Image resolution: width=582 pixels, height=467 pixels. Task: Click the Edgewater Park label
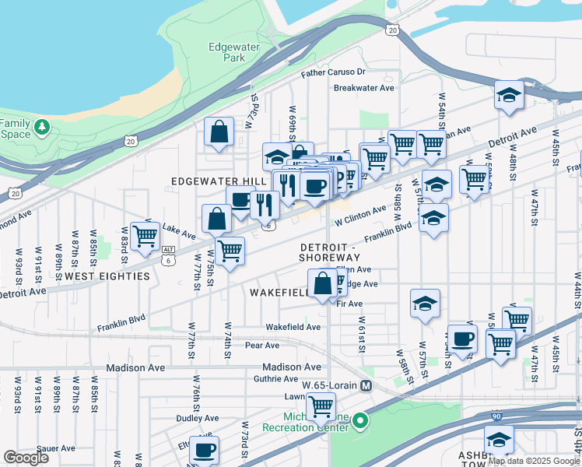tap(227, 52)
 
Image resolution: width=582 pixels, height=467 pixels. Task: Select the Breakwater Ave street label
tap(364, 88)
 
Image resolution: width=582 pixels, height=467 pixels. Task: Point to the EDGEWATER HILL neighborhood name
tap(213, 181)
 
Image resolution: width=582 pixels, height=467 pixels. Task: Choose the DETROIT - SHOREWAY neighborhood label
tap(330, 252)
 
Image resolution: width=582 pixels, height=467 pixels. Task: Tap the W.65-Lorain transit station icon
tap(366, 385)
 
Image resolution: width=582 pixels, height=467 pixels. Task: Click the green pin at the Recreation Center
tap(359, 423)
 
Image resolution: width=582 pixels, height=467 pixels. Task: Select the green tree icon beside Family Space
tap(41, 126)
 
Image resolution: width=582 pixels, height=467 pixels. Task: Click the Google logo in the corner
tap(26, 457)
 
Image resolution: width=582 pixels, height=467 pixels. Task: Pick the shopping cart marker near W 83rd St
tap(145, 236)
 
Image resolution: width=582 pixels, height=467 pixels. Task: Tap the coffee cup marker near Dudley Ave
tap(204, 450)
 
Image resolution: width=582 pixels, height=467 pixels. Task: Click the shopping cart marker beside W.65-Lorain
tap(321, 406)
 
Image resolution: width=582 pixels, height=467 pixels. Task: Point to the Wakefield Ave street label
tap(293, 328)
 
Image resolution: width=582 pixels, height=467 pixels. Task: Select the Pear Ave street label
tap(261, 346)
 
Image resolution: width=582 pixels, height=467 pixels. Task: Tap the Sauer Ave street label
tap(55, 448)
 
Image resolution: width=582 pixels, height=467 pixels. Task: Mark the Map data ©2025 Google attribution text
tap(533, 461)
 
